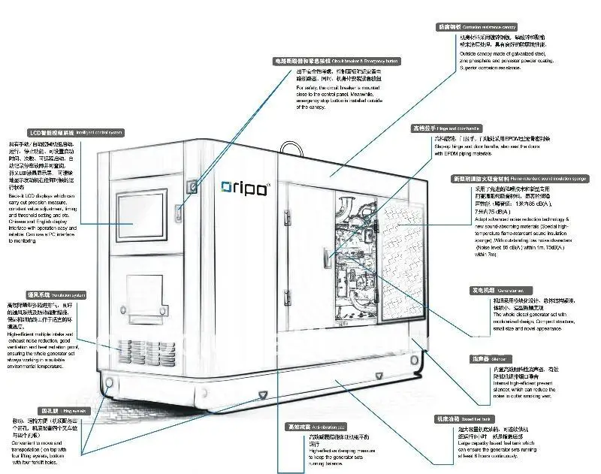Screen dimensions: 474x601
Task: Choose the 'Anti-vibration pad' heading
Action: tap(315, 426)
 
